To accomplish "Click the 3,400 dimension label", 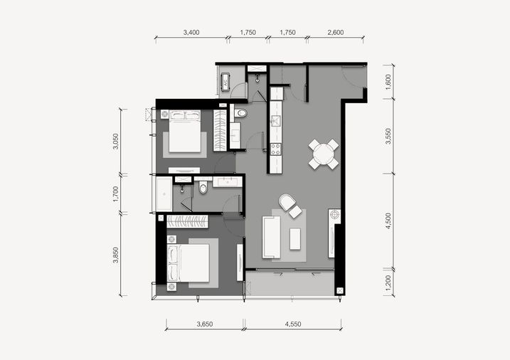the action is [x=191, y=32].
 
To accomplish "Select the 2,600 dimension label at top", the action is [x=336, y=32].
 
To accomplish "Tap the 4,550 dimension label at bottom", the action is [x=293, y=324].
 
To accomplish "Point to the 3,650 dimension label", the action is [x=205, y=324].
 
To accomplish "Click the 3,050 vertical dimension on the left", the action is [x=115, y=142].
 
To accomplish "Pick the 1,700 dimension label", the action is [x=115, y=194].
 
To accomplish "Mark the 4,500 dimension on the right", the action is [x=388, y=221].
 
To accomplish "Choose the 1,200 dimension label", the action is [x=388, y=283].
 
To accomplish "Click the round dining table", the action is [x=324, y=154].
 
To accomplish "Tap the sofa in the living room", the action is [x=271, y=237].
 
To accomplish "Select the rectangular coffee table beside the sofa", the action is [x=295, y=239].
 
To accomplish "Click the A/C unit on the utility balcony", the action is [x=225, y=82].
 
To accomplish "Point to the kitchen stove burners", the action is [x=276, y=149].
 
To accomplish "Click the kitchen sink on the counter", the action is [x=276, y=121].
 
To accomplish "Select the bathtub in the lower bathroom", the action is [x=164, y=194].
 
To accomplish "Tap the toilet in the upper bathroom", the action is [x=240, y=113].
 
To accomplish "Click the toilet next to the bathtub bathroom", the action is [x=203, y=188].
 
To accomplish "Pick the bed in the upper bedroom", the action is [x=184, y=131].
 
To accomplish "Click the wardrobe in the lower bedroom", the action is [x=187, y=221].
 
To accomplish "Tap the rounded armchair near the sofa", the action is [x=287, y=202].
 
